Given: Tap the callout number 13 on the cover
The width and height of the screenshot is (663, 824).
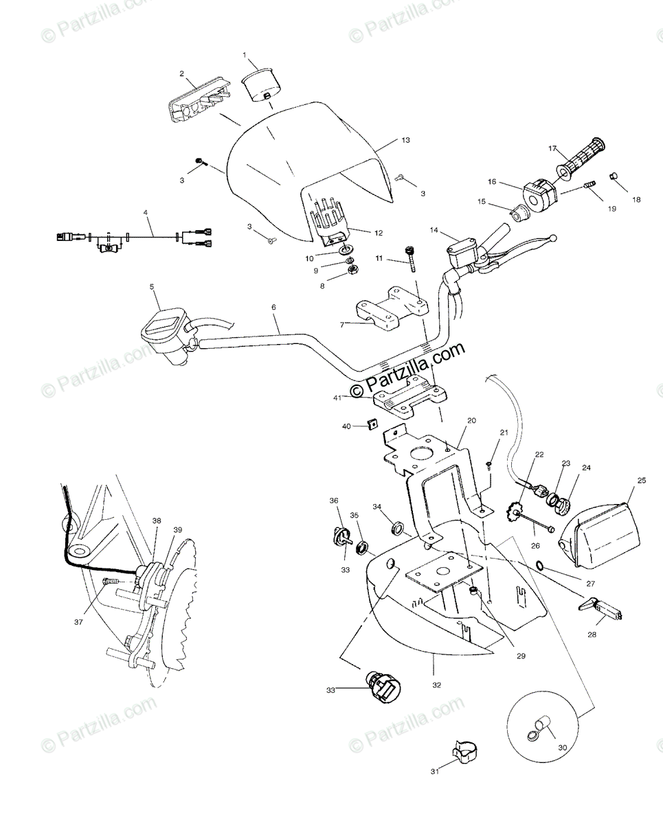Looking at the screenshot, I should pos(405,140).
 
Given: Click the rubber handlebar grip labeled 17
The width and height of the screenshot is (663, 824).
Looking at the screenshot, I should pos(583,157).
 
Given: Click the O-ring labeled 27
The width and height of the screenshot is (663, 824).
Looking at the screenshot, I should pos(541,566).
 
